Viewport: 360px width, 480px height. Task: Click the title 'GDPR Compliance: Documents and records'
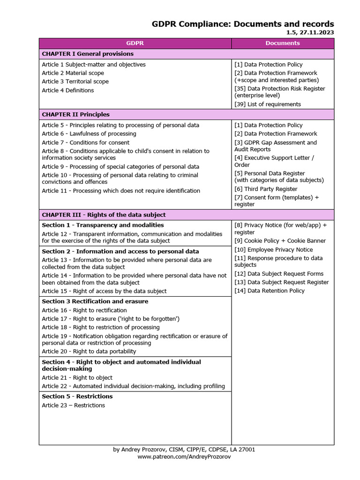pyautogui.click(x=243, y=24)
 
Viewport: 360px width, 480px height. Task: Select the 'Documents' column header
pyautogui.click(x=282, y=43)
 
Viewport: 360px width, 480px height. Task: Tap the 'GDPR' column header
pyautogui.click(x=135, y=43)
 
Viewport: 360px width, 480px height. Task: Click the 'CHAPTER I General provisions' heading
pyautogui.click(x=82, y=54)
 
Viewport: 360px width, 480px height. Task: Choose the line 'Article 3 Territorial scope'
pyautogui.click(x=75, y=82)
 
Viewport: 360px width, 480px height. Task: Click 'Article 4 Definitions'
pyautogui.click(x=67, y=90)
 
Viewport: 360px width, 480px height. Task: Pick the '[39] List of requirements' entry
pyautogui.click(x=268, y=104)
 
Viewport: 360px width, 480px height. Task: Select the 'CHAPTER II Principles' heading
pyautogui.click(x=75, y=114)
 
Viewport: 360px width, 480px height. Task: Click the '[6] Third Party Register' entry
pyautogui.click(x=266, y=189)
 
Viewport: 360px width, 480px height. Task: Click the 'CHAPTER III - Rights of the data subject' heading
pyautogui.click(x=104, y=215)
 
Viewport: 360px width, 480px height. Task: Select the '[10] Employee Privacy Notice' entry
pyautogui.click(x=273, y=250)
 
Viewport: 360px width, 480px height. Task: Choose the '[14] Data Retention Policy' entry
pyautogui.click(x=270, y=291)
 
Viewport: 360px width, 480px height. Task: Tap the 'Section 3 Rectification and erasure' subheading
pyautogui.click(x=95, y=301)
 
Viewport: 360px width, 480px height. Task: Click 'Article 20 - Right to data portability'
pyautogui.click(x=89, y=352)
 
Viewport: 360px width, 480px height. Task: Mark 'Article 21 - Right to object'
pyautogui.click(x=77, y=378)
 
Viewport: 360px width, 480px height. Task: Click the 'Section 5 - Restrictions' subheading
pyautogui.click(x=77, y=397)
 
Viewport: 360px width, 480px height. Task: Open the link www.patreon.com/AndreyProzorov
pyautogui.click(x=184, y=457)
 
